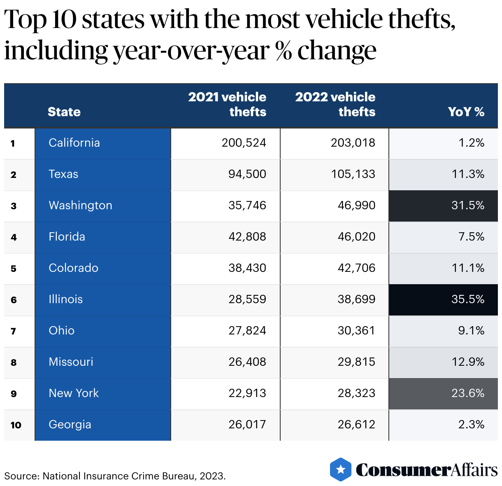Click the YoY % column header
tap(466, 112)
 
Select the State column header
tap(64, 112)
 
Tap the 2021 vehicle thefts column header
tap(227, 104)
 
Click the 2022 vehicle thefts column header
tap(335, 104)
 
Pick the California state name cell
tap(74, 143)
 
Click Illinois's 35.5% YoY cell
tap(467, 299)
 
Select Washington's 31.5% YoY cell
tap(467, 206)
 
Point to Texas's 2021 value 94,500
tap(247, 174)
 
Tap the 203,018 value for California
tap(353, 143)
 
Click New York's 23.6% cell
tap(467, 393)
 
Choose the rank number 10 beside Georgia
tap(16, 425)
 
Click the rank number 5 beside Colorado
tap(14, 269)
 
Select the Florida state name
tap(67, 237)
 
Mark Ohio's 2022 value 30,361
tap(356, 331)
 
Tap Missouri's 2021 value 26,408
tap(247, 362)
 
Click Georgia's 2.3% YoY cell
tap(471, 425)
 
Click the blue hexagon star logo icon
tap(341, 469)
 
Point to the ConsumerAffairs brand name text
tap(426, 470)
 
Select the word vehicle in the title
tap(337, 19)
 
